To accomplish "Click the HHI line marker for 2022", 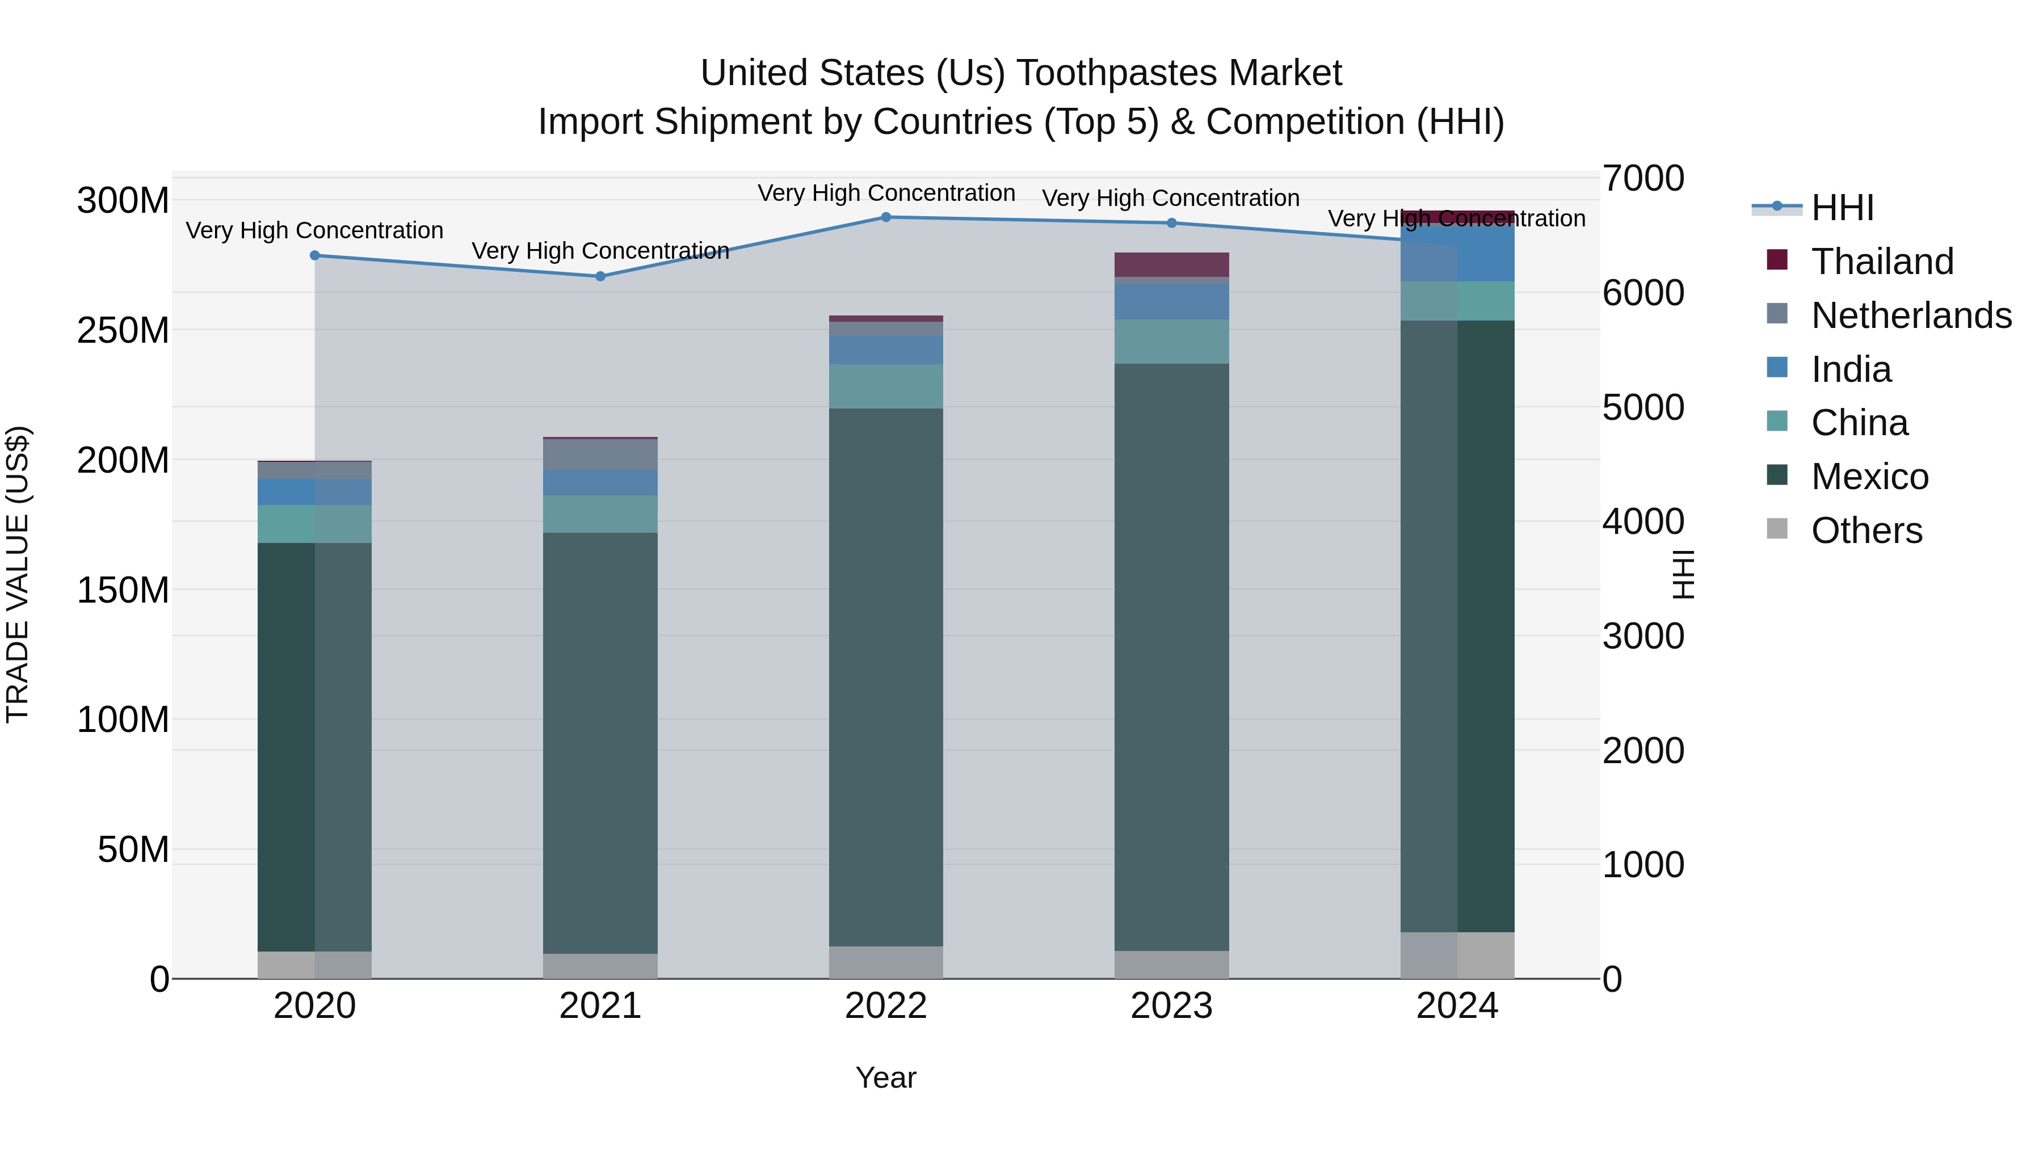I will point(886,217).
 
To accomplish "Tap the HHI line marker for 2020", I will point(315,256).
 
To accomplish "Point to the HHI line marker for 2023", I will point(1171,224).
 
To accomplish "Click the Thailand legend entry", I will point(1881,262).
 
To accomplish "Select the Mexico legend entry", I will point(1869,477).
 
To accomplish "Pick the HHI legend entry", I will point(1842,208).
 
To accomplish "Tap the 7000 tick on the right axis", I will point(1642,178).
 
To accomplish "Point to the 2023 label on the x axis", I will point(1171,1006).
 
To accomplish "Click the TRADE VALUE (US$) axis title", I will point(18,574).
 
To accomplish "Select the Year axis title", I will point(886,1078).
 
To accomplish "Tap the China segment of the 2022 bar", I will point(886,387).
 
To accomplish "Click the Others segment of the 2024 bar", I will point(1457,956).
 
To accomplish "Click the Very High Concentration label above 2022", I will point(886,193).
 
